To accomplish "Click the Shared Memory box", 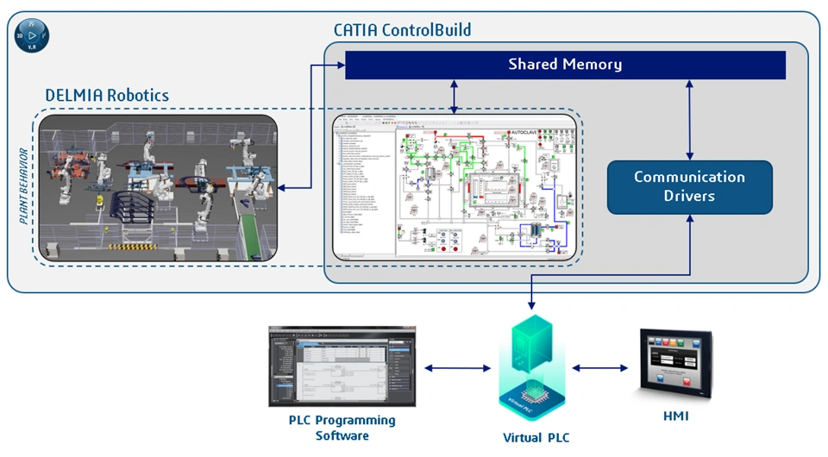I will pyautogui.click(x=565, y=65).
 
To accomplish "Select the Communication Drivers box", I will pyautogui.click(x=689, y=186).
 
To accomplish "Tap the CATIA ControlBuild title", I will pyautogui.click(x=402, y=30).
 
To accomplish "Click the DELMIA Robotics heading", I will pyautogui.click(x=107, y=95).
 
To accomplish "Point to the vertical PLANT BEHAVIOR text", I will pyautogui.click(x=25, y=185).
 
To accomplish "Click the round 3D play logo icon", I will pyautogui.click(x=32, y=35).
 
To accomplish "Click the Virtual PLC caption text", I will pyautogui.click(x=536, y=437).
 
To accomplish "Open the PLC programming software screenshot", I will pyautogui.click(x=342, y=366).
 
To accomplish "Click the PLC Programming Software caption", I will pyautogui.click(x=342, y=428).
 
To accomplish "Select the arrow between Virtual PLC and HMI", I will pyautogui.click(x=600, y=368).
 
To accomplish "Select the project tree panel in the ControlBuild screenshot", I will pyautogui.click(x=364, y=194).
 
